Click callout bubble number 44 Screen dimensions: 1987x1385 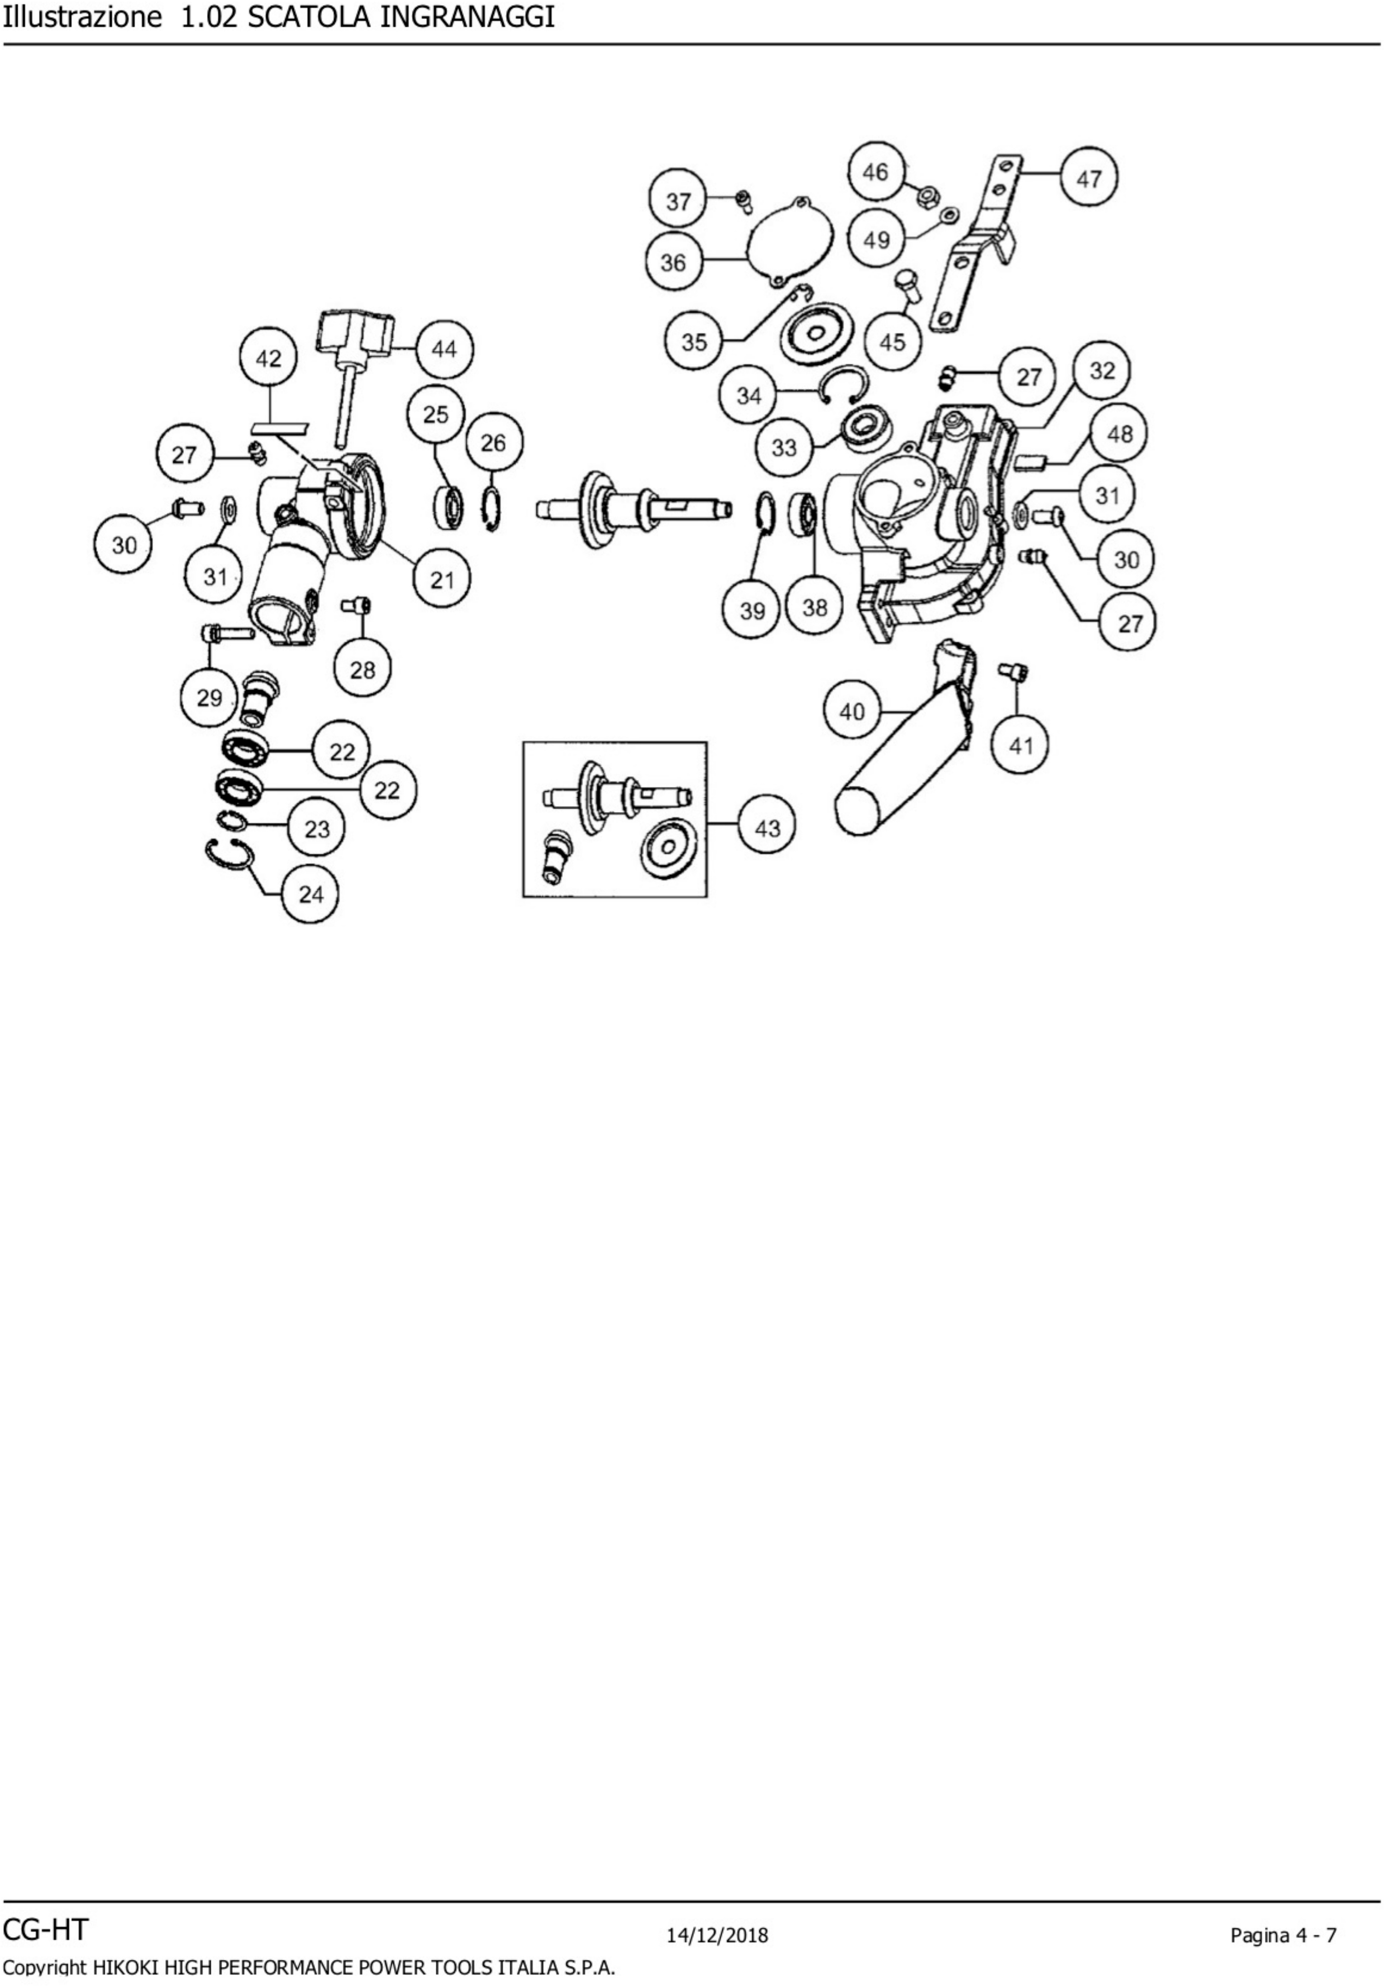pyautogui.click(x=444, y=349)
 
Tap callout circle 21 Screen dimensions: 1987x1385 pyautogui.click(x=442, y=579)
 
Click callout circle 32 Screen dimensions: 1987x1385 pyautogui.click(x=1101, y=371)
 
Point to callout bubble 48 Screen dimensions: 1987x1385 pyautogui.click(x=1120, y=434)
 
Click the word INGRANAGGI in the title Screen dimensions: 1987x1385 pyautogui.click(x=467, y=17)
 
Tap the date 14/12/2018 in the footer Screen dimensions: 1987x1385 pyautogui.click(x=717, y=1935)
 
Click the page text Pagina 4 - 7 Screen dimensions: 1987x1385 pyautogui.click(x=1283, y=1935)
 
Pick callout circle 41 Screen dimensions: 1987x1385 pyautogui.click(x=1021, y=745)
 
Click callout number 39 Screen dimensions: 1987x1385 pyautogui.click(x=752, y=610)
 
